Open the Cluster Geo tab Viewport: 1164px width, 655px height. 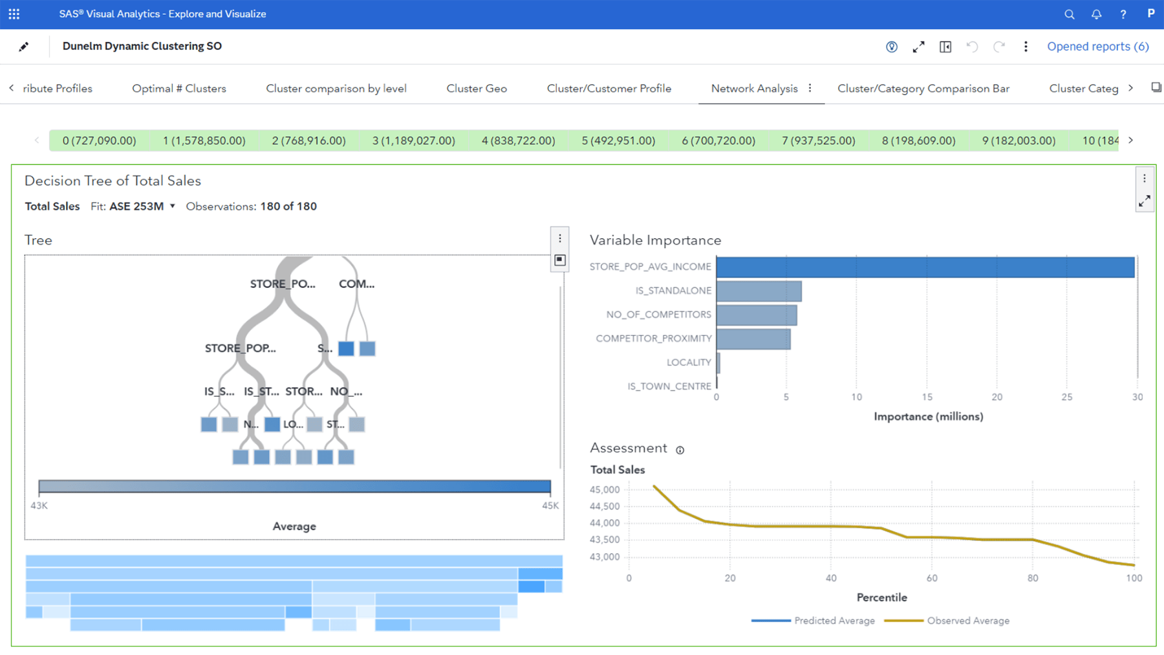coord(477,89)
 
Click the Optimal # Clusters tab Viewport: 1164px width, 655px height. coord(179,89)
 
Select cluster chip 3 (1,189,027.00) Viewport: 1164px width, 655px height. coord(413,140)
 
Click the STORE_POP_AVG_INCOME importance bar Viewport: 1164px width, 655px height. coord(925,267)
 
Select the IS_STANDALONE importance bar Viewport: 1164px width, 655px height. coord(759,291)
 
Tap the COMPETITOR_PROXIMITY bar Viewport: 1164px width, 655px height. coord(753,339)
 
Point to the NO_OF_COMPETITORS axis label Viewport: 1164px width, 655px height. coord(658,315)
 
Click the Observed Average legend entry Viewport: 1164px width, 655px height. coord(967,621)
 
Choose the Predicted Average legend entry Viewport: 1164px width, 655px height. coord(834,621)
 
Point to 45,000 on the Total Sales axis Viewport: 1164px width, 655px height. coord(605,490)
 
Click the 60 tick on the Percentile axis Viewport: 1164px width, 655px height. coord(932,578)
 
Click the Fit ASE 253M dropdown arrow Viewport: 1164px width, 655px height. coord(173,206)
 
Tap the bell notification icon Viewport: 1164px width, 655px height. coord(1096,14)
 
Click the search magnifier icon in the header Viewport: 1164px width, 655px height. coord(1069,14)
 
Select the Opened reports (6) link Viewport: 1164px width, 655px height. coord(1097,47)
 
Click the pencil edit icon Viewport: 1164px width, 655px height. coord(24,47)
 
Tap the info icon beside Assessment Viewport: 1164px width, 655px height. coord(680,450)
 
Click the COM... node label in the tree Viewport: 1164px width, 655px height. coord(356,284)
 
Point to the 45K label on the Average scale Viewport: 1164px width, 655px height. coord(550,506)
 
